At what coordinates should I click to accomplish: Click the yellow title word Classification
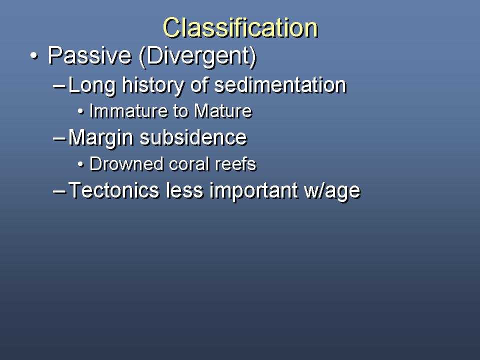240,27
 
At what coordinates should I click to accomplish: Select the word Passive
89,55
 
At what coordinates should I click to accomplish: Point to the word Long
92,85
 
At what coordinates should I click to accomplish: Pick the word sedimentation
280,85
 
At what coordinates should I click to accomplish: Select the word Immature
128,111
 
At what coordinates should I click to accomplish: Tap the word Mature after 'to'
223,111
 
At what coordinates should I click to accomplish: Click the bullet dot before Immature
80,111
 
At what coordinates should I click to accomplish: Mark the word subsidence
193,137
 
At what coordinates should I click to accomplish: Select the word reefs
235,164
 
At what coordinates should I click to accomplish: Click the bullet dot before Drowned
80,164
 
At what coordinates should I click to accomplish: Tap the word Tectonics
114,190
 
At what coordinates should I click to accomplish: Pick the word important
254,191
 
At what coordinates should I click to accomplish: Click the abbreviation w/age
332,191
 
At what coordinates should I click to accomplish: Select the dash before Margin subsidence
59,138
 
